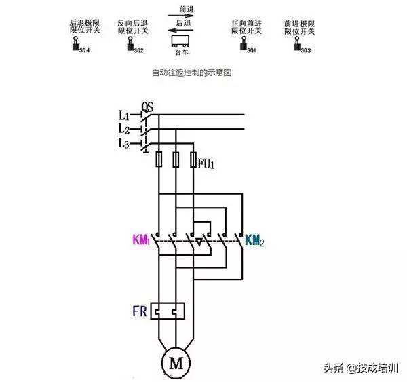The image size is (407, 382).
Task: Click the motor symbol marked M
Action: tap(176, 363)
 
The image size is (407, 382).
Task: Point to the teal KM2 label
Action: tap(254, 240)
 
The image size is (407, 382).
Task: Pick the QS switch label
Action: tap(147, 107)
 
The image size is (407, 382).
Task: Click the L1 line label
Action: tap(124, 115)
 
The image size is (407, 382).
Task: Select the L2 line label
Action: tap(124, 129)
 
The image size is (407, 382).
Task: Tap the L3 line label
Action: tap(124, 143)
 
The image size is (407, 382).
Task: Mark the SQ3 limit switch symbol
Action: tap(296, 47)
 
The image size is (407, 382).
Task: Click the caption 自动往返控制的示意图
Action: tap(193, 72)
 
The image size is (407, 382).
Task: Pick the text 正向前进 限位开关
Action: tap(247, 27)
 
